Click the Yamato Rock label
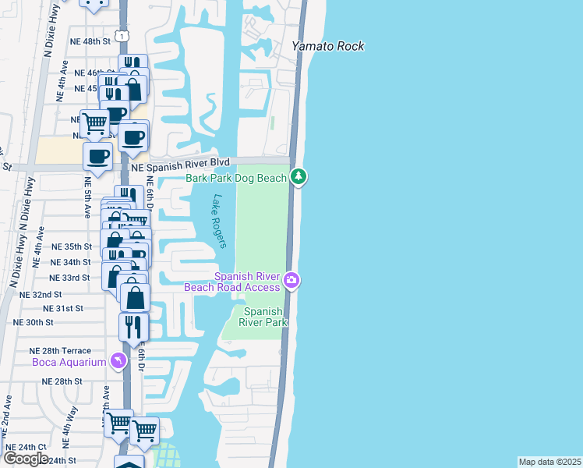pyautogui.click(x=327, y=46)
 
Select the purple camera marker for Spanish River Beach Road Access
pyautogui.click(x=291, y=280)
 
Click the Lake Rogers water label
pyautogui.click(x=219, y=222)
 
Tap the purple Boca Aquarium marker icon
pyautogui.click(x=118, y=360)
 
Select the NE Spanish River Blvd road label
pyautogui.click(x=180, y=166)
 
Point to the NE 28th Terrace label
pyautogui.click(x=60, y=351)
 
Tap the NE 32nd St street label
pyautogui.click(x=41, y=295)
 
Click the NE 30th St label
pyautogui.click(x=34, y=322)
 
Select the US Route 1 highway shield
pyautogui.click(x=120, y=36)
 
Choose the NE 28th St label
pyautogui.click(x=62, y=381)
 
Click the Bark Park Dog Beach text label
pyautogui.click(x=236, y=178)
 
